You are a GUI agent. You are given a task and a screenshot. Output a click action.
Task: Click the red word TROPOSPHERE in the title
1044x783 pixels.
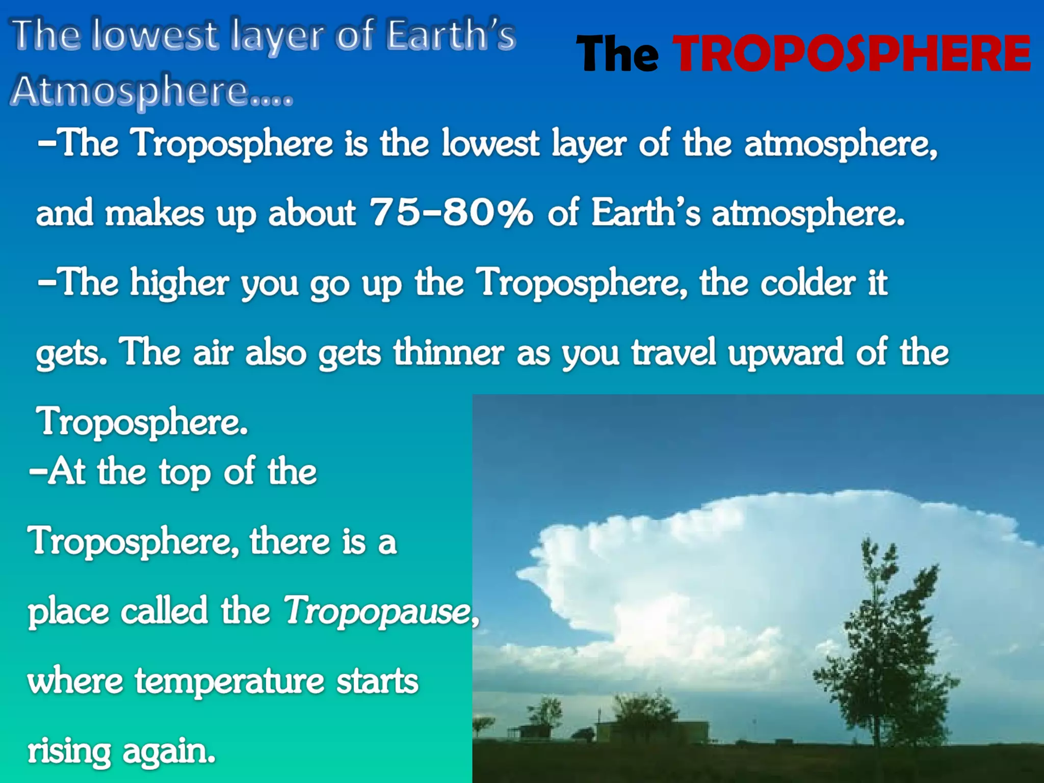point(851,54)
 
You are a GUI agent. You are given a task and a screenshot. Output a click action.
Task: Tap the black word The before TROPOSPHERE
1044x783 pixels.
point(618,54)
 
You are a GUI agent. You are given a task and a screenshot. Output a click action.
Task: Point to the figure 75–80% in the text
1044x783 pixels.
point(452,212)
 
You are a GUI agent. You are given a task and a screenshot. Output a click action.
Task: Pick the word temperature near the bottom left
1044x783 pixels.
point(229,681)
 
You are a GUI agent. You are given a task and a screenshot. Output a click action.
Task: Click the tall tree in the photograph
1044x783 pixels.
point(884,647)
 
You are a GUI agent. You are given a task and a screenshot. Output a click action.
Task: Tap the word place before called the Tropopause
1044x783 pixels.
point(68,611)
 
